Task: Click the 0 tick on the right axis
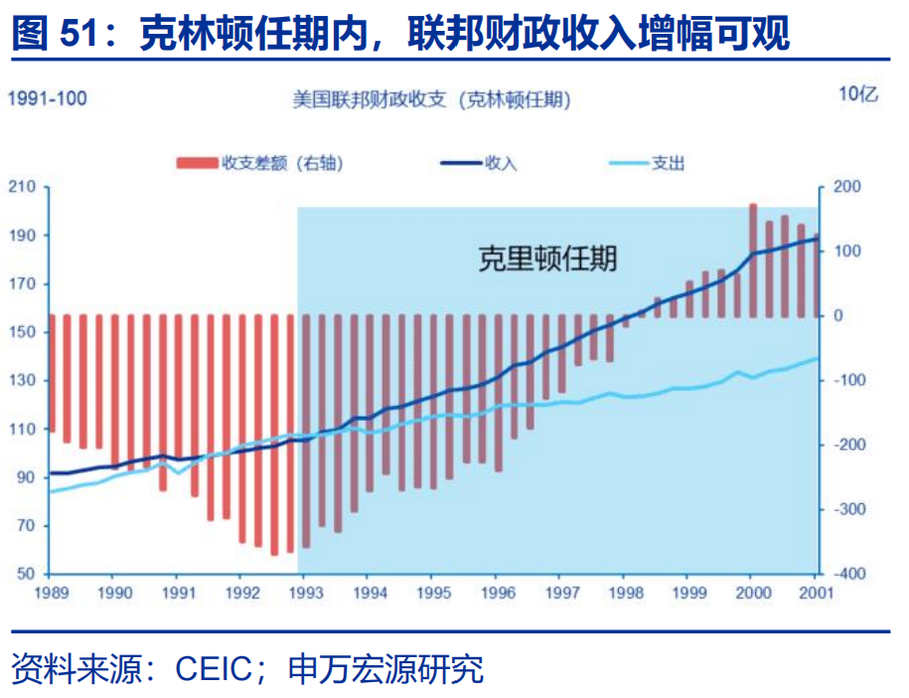click(x=838, y=316)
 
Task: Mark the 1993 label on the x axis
click(x=304, y=592)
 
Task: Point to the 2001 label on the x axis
click(x=816, y=592)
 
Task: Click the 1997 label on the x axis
click(x=559, y=592)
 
